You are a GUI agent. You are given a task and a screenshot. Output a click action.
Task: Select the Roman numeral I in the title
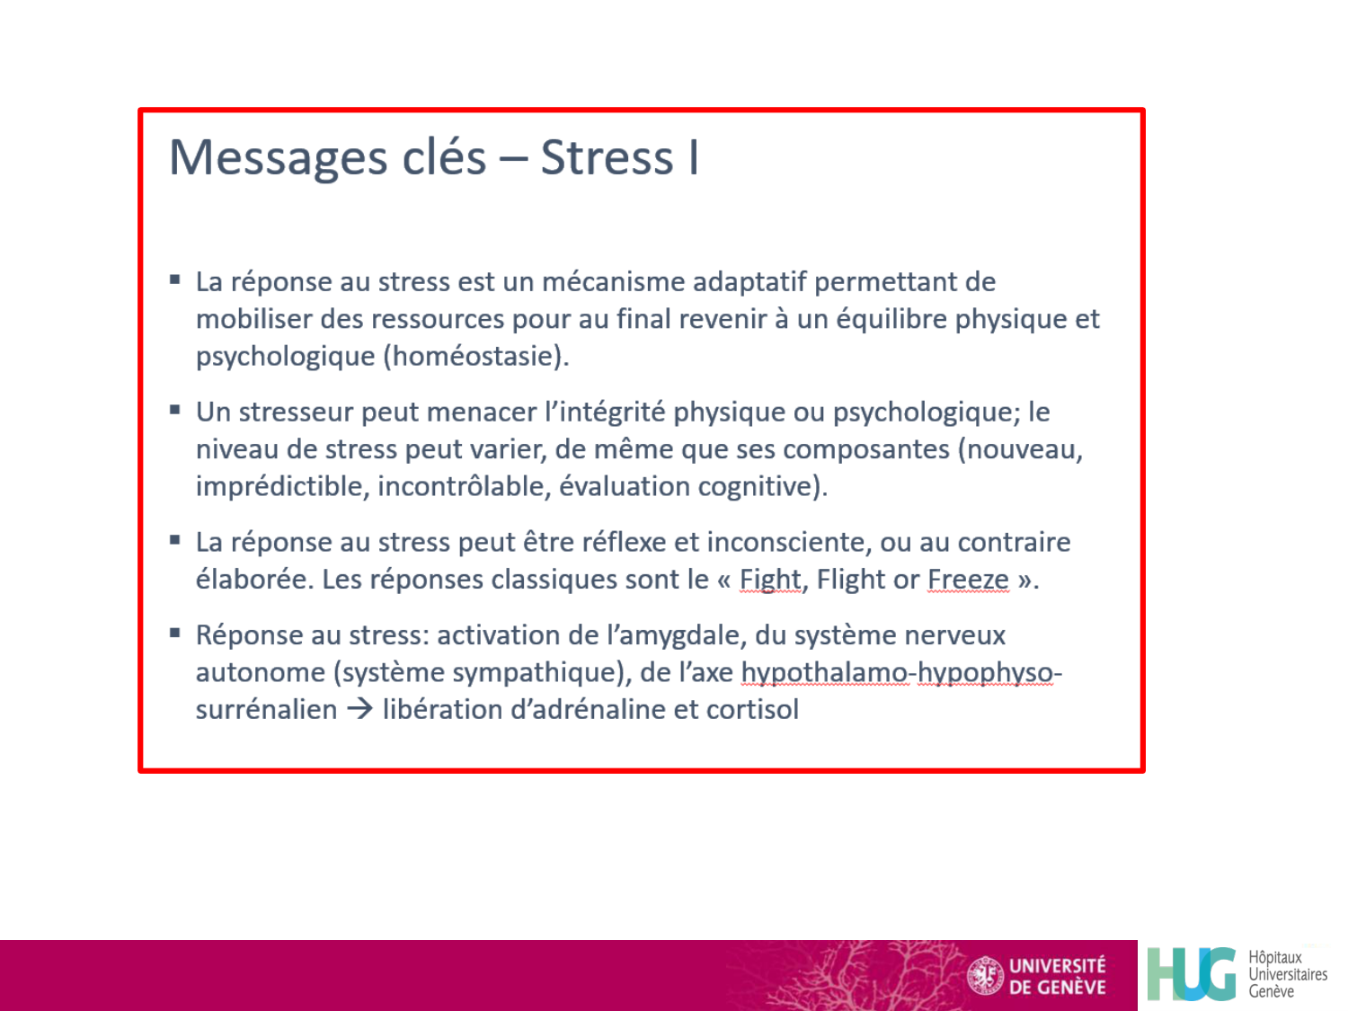pos(693,158)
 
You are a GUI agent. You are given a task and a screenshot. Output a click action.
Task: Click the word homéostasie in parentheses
pos(476,357)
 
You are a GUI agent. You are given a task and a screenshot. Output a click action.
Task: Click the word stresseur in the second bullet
pos(297,412)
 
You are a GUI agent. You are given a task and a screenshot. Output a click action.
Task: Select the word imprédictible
pos(279,487)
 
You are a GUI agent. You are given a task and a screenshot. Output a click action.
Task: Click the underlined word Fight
pos(769,581)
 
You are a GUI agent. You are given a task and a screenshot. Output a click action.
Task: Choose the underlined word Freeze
pos(968,581)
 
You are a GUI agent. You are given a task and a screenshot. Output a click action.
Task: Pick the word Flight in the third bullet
pos(850,581)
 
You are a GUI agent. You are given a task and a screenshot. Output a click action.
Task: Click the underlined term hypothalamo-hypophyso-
pos(900,673)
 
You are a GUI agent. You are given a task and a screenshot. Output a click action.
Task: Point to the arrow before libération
pos(359,709)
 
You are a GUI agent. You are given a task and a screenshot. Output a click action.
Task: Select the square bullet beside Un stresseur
pos(175,411)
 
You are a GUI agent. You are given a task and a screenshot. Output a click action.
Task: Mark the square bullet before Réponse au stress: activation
pos(175,634)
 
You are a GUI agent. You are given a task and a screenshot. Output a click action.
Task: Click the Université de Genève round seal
pos(985,976)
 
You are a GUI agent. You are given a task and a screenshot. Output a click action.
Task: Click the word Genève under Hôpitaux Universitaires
pos(1271,992)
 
